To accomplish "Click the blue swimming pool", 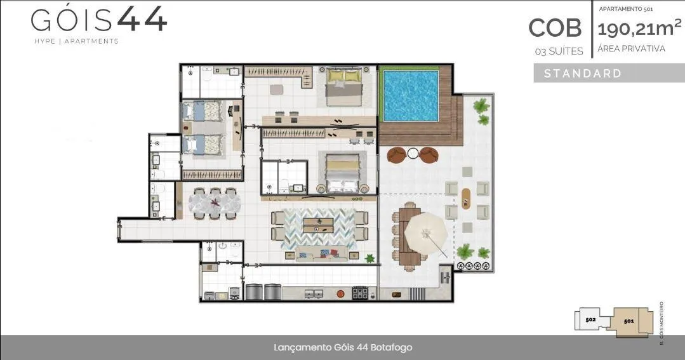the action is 411,96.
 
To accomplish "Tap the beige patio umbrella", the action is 426,233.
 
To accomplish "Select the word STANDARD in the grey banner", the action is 583,74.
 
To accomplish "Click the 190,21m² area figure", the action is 639,29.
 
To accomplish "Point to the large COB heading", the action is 555,28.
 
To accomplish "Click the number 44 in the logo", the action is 142,19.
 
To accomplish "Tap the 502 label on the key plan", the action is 590,319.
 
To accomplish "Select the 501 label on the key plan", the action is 628,321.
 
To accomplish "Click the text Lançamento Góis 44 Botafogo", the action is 343,348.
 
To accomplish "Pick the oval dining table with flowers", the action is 215,203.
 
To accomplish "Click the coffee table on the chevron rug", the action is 319,225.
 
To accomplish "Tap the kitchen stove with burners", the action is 361,293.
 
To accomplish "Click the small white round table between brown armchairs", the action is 413,153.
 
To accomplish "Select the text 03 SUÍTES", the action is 559,51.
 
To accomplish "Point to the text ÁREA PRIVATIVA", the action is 631,48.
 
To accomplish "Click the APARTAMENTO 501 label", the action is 626,9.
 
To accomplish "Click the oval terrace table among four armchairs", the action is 467,199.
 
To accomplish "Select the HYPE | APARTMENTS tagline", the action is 76,41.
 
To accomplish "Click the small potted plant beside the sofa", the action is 370,258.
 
